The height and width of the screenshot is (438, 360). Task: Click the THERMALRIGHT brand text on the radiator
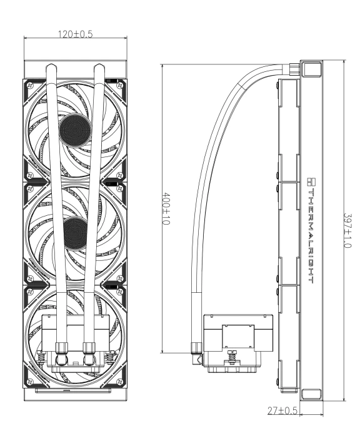pyautogui.click(x=312, y=233)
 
